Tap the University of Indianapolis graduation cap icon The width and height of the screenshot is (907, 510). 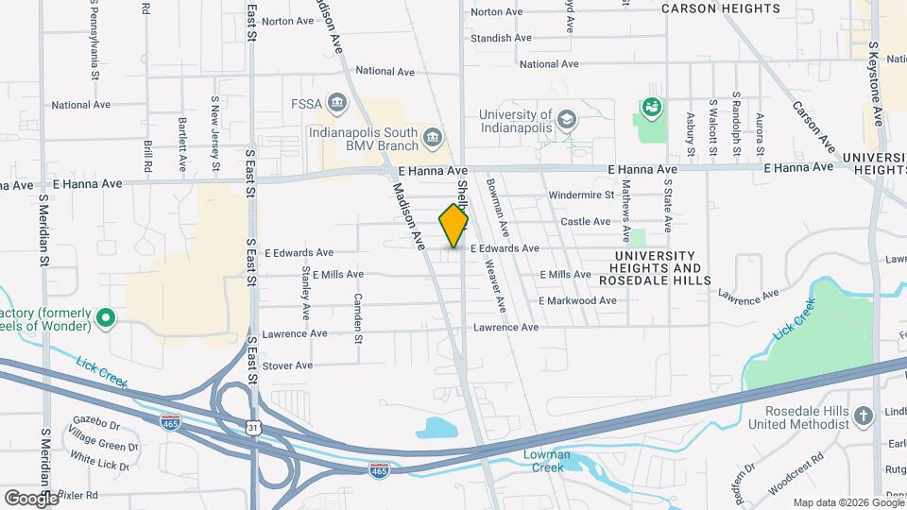click(x=566, y=119)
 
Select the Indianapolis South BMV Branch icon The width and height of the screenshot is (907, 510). click(x=432, y=139)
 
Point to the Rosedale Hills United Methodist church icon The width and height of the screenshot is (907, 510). click(x=863, y=416)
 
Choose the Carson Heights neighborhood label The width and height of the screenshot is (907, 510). click(x=734, y=8)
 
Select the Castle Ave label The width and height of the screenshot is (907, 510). click(x=586, y=222)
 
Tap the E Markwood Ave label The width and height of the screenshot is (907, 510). click(x=577, y=300)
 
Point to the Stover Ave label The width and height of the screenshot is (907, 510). click(x=287, y=365)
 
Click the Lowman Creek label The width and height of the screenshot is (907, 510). click(x=543, y=461)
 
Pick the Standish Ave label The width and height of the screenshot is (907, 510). click(x=501, y=39)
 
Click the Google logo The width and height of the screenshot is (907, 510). click(x=31, y=498)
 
